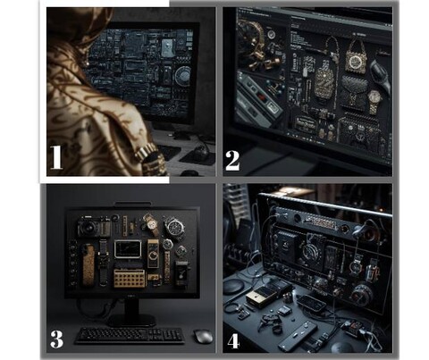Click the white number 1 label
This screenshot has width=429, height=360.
pos(56,157)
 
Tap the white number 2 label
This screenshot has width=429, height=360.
pos(232,161)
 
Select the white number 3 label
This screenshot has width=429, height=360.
pos(56,339)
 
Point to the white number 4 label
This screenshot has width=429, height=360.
pos(233,341)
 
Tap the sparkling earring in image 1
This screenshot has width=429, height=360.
pos(87,63)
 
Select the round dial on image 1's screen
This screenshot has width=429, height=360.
pos(182,76)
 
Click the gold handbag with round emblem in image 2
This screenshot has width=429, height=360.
pos(356,57)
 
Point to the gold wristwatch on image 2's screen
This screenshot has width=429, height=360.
pos(374,101)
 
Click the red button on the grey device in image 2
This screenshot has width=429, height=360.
pos(262,97)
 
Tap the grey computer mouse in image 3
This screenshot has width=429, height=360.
pos(203,337)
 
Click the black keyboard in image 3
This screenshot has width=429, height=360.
pos(130,336)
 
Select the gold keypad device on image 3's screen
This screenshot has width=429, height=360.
pos(130,279)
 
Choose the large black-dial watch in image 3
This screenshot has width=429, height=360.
pos(174,227)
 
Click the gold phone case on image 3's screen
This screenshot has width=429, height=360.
pos(88,265)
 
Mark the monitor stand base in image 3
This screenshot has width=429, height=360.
pos(131,320)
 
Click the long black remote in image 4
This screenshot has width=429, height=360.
pos(298,336)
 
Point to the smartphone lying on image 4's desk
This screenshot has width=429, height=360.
pos(312,303)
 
